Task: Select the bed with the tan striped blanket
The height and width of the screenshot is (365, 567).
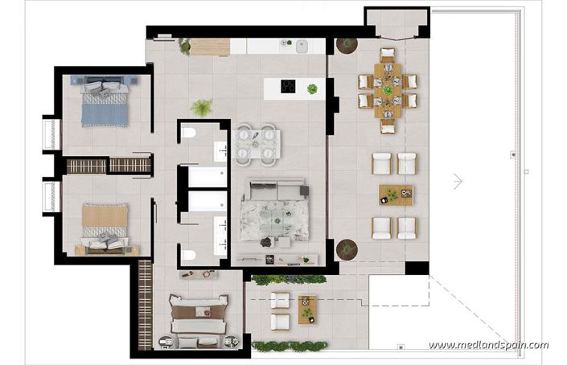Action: click(x=105, y=224)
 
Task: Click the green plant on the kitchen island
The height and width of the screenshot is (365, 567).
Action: click(x=311, y=88)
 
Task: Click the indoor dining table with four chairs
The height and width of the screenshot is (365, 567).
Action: click(x=257, y=143)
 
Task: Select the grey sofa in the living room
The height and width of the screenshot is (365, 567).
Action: click(x=274, y=194)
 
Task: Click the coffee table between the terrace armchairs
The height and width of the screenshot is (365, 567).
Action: click(x=395, y=195)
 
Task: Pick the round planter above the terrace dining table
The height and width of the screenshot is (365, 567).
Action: click(x=347, y=45)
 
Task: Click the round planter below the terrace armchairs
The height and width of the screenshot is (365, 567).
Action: click(x=347, y=248)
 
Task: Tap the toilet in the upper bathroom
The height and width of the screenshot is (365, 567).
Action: click(x=188, y=134)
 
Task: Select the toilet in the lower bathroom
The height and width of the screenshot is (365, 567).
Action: click(x=188, y=256)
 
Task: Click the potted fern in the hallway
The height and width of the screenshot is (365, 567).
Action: click(x=201, y=107)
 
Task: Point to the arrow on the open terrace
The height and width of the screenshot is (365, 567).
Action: click(x=458, y=182)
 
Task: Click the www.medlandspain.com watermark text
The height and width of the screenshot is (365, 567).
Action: click(x=488, y=345)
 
